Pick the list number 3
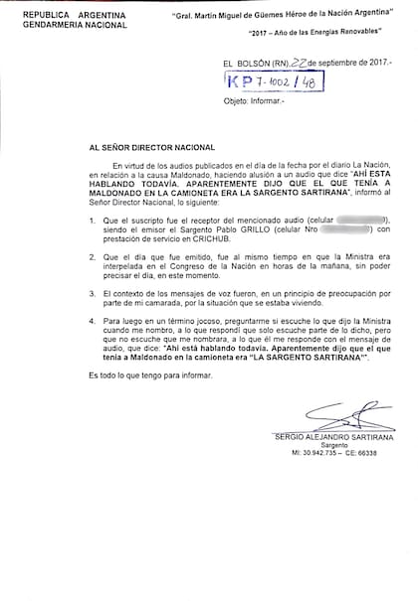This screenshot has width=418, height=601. click(x=93, y=293)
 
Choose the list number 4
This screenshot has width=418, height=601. click(x=93, y=321)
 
